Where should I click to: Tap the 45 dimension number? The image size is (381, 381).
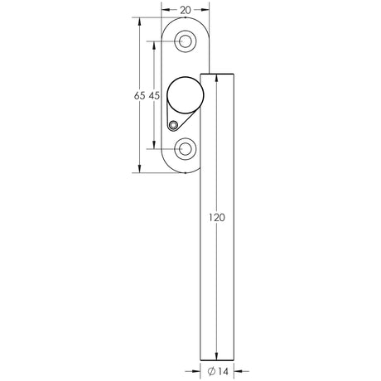(153, 97)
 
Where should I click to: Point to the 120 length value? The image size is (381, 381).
(216, 218)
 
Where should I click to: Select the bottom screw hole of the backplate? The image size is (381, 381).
(186, 149)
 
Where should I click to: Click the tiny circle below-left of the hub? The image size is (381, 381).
(172, 126)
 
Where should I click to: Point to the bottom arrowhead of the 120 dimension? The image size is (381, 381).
(216, 354)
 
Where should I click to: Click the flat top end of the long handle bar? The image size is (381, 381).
(216, 75)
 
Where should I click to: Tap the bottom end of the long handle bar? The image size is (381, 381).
(216, 357)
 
